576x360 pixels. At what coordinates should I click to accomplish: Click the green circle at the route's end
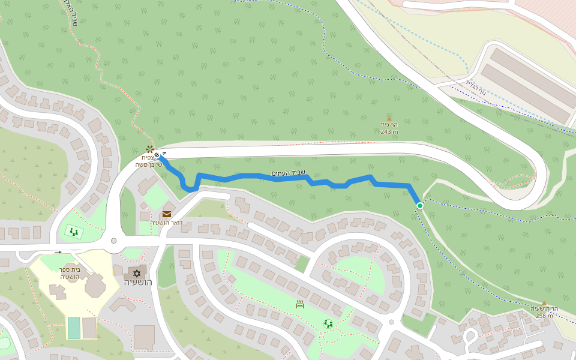[x=420, y=206]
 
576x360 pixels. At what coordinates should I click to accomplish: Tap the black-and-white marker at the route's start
[x=157, y=155]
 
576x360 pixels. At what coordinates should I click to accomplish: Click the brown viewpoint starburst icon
[x=149, y=149]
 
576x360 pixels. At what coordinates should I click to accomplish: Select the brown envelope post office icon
[x=167, y=214]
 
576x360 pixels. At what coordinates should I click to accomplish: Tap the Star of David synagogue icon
[x=137, y=273]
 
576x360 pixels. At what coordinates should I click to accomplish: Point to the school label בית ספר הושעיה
[x=70, y=273]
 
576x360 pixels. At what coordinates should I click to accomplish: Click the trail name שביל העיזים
[x=288, y=173]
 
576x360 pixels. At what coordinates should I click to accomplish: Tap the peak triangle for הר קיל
[x=389, y=119]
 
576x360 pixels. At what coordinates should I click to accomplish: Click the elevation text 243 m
[x=389, y=132]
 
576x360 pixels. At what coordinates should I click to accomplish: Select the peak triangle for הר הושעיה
[x=544, y=303]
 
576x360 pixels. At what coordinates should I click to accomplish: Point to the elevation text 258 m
[x=544, y=316]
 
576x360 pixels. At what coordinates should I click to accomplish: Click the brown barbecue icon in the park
[x=300, y=304]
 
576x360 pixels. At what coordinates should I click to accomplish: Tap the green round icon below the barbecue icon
[x=328, y=323]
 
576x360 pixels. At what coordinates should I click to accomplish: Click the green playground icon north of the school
[x=74, y=231]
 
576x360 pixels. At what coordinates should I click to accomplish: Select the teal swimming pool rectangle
[x=74, y=328]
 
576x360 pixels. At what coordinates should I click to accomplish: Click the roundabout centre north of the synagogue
[x=113, y=241]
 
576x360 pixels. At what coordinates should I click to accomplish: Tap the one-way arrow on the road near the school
[x=58, y=253]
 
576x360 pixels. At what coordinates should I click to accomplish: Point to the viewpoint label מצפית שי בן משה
[x=146, y=161]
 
